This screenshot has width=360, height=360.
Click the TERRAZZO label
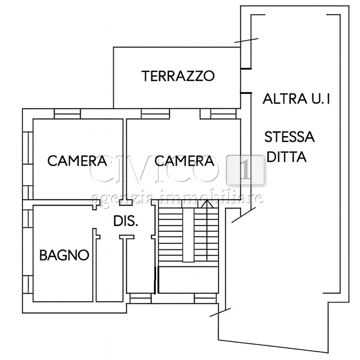[178, 76]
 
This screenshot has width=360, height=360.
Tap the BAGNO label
[64, 255]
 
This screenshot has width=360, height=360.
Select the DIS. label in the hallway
[126, 221]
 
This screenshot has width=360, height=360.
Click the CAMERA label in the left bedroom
[77, 161]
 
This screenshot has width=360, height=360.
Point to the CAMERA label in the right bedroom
[184, 161]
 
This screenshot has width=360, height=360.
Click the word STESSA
[289, 137]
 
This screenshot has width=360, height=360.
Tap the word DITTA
[287, 157]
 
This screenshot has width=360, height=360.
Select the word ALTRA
[285, 99]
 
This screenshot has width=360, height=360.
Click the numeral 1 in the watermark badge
[245, 170]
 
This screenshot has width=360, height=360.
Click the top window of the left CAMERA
[67, 114]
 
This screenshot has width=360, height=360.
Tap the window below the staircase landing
[205, 298]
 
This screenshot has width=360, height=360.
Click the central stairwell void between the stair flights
[188, 235]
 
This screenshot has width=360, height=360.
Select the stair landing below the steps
[188, 279]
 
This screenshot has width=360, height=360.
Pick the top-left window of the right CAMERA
[155, 114]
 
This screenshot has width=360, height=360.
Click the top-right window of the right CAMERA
[223, 114]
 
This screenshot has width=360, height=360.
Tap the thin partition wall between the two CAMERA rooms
[125, 159]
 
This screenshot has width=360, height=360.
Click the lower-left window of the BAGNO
[27, 284]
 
